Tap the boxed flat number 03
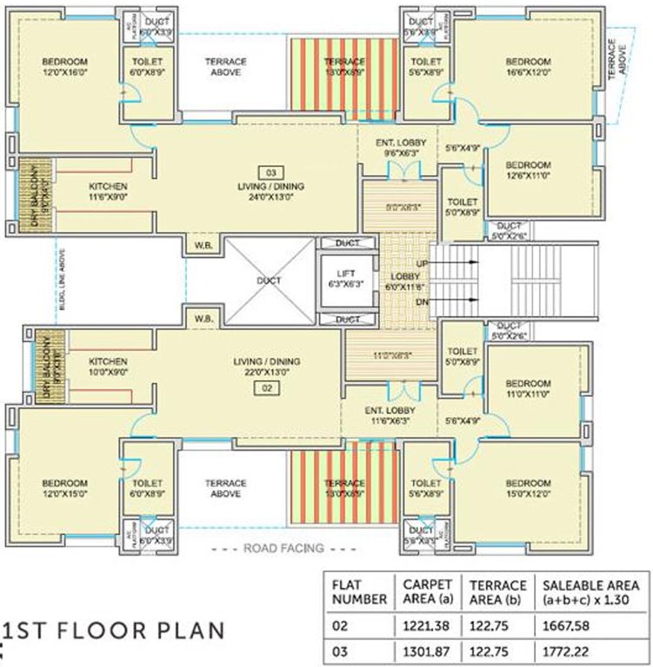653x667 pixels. pos(270,171)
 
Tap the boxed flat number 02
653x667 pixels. pos(270,388)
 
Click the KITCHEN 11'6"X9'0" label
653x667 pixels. pos(108,192)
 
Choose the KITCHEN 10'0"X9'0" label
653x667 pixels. pos(108,367)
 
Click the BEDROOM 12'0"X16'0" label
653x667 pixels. pos(64,68)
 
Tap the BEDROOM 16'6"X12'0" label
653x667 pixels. pos(528,68)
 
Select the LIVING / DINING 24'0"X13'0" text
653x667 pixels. pos(270,191)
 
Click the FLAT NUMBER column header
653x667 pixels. pos(357,591)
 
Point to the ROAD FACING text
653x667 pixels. pos(283,548)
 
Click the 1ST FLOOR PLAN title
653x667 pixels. pos(113,629)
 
